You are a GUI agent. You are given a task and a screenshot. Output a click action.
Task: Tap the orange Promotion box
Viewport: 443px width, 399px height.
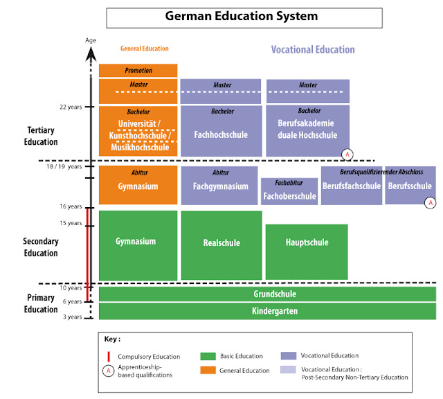[138, 70]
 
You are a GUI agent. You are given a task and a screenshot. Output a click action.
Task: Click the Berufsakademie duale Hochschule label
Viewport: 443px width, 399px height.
[307, 130]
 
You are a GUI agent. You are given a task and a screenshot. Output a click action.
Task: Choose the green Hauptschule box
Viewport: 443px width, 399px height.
[307, 242]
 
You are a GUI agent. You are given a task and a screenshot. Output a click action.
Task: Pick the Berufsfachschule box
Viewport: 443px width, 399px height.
[352, 186]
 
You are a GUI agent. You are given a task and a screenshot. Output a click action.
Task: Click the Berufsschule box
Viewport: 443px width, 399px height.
[410, 186]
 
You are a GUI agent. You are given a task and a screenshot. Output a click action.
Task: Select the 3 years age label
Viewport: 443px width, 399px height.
[72, 317]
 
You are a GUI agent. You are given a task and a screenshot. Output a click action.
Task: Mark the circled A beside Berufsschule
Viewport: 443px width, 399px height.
[431, 202]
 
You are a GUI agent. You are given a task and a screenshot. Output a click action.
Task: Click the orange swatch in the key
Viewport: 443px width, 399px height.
[207, 371]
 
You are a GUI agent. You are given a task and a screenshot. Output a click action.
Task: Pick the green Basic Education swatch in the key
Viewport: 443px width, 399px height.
[207, 355]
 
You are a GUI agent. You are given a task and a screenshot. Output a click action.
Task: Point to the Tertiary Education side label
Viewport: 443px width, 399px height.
[42, 136]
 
